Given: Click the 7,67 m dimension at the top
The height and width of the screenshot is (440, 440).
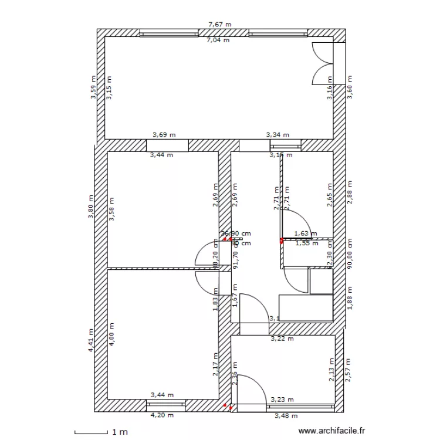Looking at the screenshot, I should click(220, 25).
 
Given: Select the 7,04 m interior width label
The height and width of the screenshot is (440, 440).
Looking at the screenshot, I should click(218, 40).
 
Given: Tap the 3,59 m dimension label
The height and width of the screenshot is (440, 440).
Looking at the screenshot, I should click(93, 87).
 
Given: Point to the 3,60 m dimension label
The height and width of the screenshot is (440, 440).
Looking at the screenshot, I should click(350, 87).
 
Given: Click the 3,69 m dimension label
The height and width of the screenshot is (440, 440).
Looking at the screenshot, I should click(164, 134).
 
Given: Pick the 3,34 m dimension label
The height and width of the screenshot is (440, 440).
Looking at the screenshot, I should click(278, 134).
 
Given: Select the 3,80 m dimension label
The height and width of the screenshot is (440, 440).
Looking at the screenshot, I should click(90, 207).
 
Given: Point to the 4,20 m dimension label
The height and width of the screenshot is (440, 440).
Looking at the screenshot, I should click(163, 415).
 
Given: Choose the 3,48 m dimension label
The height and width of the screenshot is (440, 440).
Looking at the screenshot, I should click(286, 415).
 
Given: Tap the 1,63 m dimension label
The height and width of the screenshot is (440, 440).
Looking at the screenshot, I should click(305, 233).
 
